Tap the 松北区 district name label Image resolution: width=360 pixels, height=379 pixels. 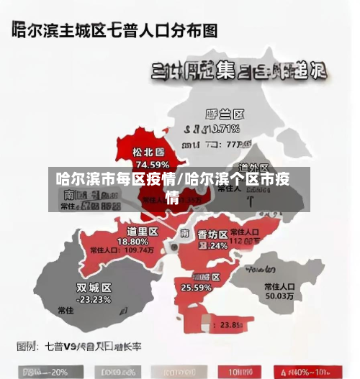(x=148, y=152)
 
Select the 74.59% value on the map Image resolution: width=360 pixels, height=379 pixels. (x=148, y=165)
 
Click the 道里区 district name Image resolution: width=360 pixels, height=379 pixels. (x=142, y=231)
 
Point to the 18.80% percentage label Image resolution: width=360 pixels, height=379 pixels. (x=142, y=241)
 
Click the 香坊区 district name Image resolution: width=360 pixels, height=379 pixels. (x=213, y=234)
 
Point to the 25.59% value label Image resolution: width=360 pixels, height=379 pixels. (x=196, y=288)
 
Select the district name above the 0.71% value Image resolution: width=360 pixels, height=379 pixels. (x=225, y=115)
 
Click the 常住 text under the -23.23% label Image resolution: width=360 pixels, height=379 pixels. (x=66, y=311)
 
